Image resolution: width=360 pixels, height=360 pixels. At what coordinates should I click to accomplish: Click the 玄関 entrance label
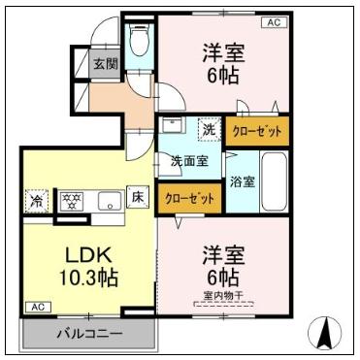click(x=106, y=65)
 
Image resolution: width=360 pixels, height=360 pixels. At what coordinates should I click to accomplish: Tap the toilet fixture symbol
click(x=139, y=42)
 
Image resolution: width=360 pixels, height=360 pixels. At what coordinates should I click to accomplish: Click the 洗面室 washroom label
click(x=189, y=161)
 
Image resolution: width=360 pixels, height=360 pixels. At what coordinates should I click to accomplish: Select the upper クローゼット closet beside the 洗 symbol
click(x=257, y=130)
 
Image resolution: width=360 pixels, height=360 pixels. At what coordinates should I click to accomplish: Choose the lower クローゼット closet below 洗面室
click(x=189, y=198)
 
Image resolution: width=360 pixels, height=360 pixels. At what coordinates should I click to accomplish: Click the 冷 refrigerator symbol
click(x=36, y=201)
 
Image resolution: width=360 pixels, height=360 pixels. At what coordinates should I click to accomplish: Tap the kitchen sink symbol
click(x=109, y=201)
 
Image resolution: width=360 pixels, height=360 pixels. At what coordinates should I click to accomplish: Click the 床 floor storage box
click(x=138, y=198)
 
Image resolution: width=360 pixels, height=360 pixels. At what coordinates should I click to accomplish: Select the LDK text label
click(x=89, y=255)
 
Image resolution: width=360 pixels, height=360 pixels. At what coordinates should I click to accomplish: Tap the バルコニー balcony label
click(x=87, y=334)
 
